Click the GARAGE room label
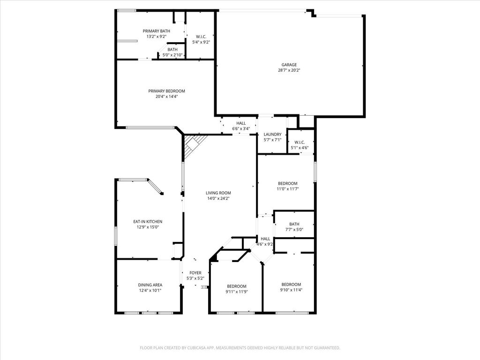[289, 65]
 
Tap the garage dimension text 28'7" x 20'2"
[289, 70]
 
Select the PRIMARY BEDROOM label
[166, 91]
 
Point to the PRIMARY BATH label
[157, 31]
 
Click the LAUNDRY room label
[272, 135]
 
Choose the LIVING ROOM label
[218, 193]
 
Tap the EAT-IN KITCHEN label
[148, 222]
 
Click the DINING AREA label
[150, 285]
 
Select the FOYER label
[195, 273]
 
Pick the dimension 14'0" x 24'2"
[218, 198]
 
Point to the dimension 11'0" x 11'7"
[287, 189]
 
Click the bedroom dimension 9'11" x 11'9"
[237, 292]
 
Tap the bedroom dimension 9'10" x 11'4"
[291, 290]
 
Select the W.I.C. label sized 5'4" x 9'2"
[201, 37]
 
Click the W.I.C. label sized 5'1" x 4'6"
[300, 142]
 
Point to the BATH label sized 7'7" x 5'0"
[294, 224]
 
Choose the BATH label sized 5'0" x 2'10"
[172, 50]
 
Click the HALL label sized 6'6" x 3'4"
[241, 123]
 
